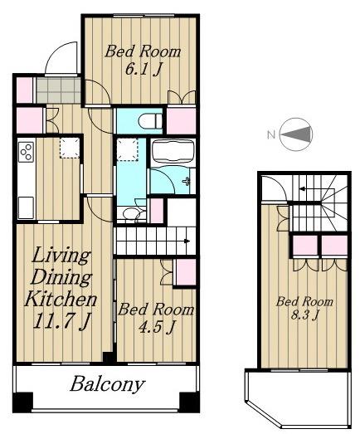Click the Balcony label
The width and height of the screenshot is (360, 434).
[107, 385]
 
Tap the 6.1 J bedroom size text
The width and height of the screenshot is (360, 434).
[143, 69]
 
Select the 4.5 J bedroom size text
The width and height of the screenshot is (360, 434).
[156, 327]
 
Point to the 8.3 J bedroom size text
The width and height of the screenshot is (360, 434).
[304, 315]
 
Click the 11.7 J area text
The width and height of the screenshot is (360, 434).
[61, 322]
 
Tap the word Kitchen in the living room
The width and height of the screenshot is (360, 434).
[61, 299]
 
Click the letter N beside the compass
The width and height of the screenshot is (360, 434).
[271, 135]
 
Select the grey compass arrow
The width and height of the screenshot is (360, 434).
[296, 134]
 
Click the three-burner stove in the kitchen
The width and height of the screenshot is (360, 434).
[26, 152]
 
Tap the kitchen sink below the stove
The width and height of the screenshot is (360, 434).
[26, 207]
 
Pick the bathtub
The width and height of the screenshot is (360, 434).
[173, 150]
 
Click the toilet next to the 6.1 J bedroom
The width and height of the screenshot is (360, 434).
[150, 121]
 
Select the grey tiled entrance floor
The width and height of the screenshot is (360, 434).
[58, 90]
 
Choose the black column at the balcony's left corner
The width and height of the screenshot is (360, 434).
[23, 402]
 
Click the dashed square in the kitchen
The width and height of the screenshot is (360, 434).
[70, 148]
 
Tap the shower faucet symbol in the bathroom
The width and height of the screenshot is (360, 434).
[187, 181]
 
